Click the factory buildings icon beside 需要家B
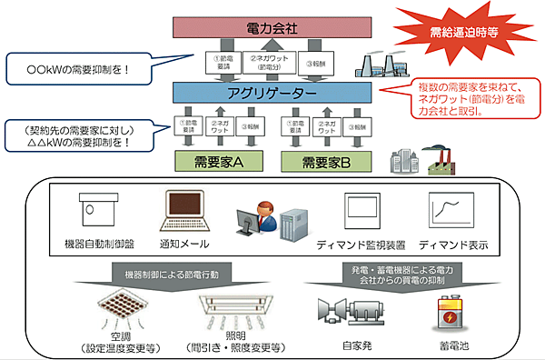pos(412,160)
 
